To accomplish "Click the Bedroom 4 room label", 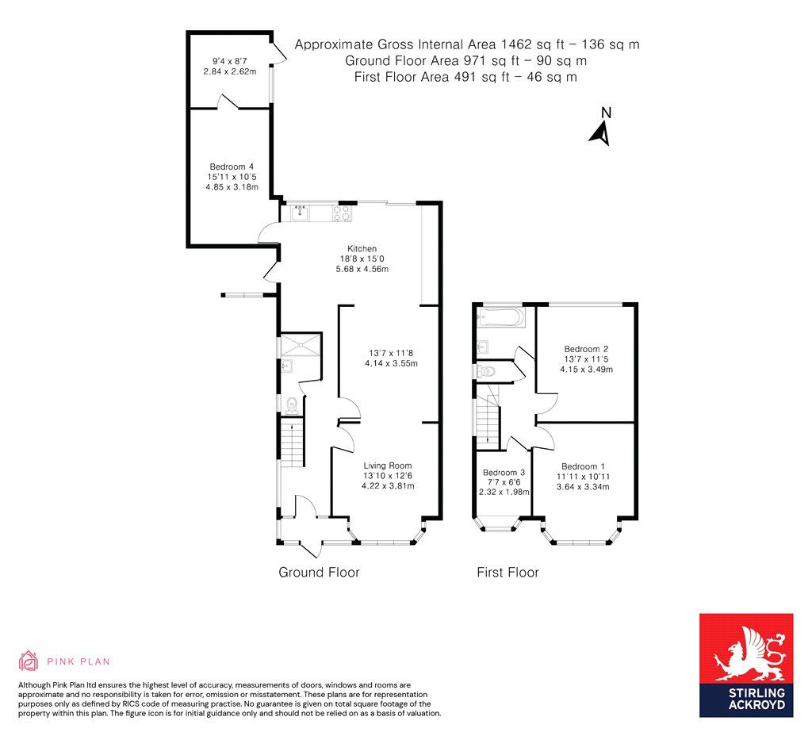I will pyautogui.click(x=226, y=166).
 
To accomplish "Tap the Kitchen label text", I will pyautogui.click(x=362, y=248).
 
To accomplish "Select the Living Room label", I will pyautogui.click(x=388, y=466).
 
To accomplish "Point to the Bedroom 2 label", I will pyautogui.click(x=586, y=348).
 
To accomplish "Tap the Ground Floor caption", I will pyautogui.click(x=319, y=572).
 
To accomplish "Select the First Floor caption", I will pyautogui.click(x=507, y=572).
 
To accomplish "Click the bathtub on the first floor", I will pyautogui.click(x=499, y=318).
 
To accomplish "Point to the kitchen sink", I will pyautogui.click(x=300, y=212).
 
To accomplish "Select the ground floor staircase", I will pyautogui.click(x=292, y=443).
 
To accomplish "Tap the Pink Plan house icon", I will pyautogui.click(x=29, y=661).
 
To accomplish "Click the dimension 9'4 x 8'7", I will pyautogui.click(x=229, y=59).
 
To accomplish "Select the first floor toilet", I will pyautogui.click(x=485, y=371).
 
